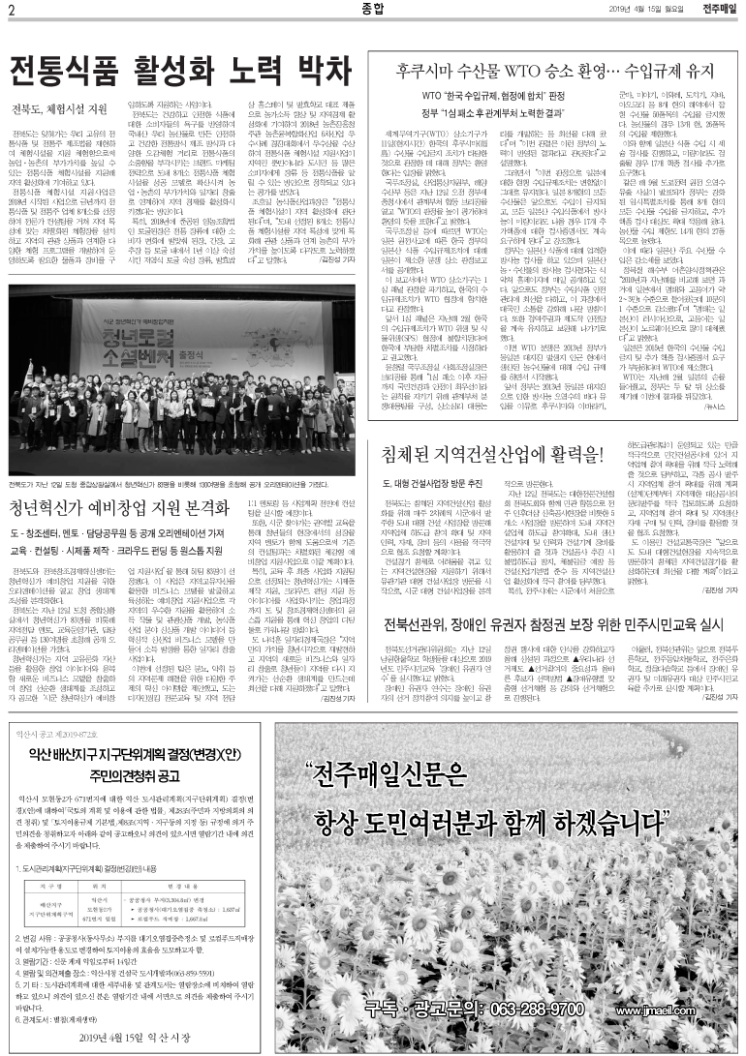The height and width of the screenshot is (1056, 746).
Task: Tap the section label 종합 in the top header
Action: (x=370, y=11)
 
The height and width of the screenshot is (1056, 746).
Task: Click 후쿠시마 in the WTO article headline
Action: (x=435, y=72)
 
